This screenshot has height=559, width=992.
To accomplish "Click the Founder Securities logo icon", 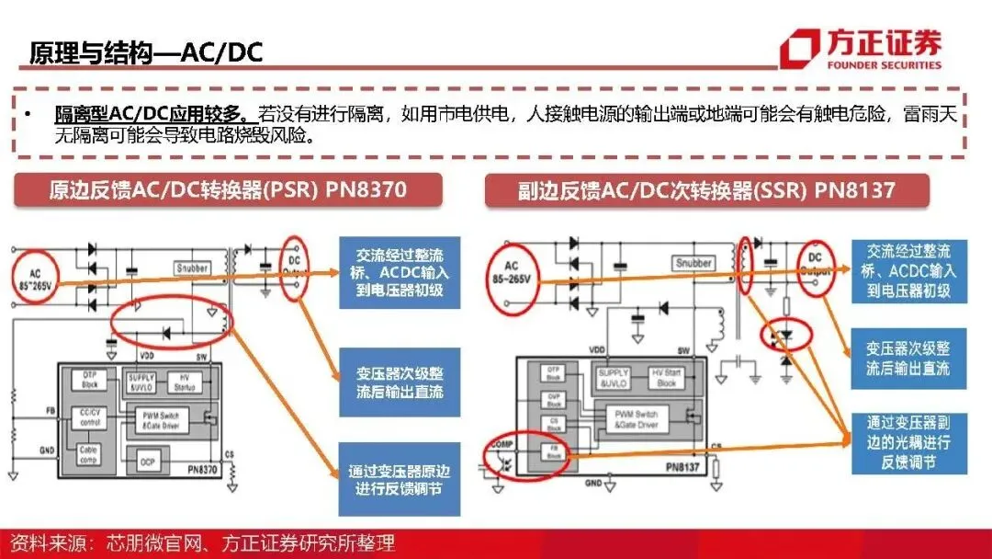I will (x=799, y=48).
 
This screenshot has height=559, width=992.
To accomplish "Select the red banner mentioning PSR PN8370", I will (x=227, y=191).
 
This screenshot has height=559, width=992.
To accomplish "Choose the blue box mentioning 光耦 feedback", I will (x=907, y=442).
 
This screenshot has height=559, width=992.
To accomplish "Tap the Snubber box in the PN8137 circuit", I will (x=693, y=263).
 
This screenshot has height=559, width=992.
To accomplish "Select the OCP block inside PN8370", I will (x=147, y=457).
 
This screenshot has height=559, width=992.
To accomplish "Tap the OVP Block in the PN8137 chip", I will (x=554, y=399).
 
